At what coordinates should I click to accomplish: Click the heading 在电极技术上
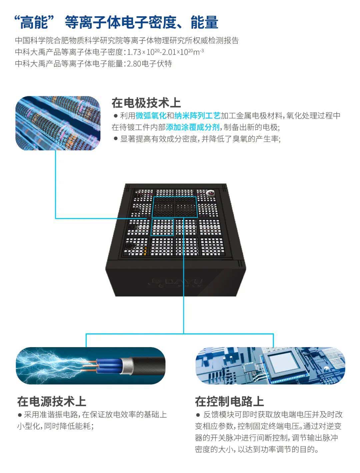click(x=146, y=103)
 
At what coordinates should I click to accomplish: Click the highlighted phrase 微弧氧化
click(x=151, y=116)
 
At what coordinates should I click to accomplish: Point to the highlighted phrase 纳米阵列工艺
click(x=197, y=116)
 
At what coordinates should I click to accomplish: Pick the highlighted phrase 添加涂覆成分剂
click(x=193, y=127)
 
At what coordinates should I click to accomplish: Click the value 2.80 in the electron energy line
click(x=134, y=64)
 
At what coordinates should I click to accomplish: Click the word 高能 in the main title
click(x=34, y=22)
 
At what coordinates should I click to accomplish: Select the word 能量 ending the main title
click(x=204, y=22)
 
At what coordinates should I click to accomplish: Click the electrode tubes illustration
click(x=58, y=123)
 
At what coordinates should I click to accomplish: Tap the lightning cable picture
click(x=91, y=365)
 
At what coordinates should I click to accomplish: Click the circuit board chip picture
click(x=270, y=365)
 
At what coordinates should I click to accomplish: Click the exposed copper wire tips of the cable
click(x=89, y=365)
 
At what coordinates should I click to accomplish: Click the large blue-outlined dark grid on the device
click(x=174, y=207)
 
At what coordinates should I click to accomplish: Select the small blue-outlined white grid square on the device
click(x=162, y=227)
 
